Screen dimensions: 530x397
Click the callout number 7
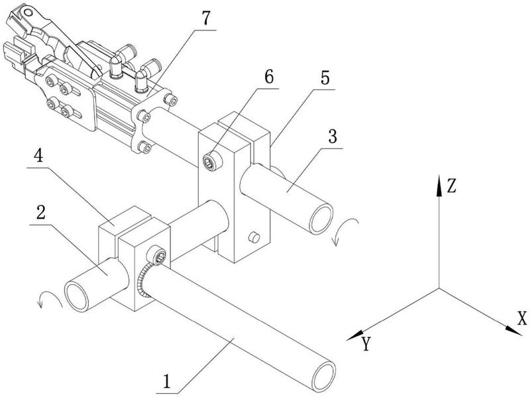coord(207,19)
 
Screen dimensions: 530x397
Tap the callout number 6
coord(269,78)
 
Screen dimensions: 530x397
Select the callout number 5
coord(325,78)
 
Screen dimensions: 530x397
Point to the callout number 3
coord(333,137)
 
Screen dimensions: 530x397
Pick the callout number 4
coord(40,156)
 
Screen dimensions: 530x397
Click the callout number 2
coord(41,213)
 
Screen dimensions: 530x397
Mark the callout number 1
coord(167,382)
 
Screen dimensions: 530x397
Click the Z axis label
coord(452,186)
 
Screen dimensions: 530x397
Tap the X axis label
coord(522,318)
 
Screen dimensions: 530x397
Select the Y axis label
coord(366,344)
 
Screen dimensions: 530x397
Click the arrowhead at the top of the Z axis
coord(439,186)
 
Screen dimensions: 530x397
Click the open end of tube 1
coord(324,376)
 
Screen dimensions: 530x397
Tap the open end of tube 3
coord(321,219)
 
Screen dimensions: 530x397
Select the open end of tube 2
coord(76,296)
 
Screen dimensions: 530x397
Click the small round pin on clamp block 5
coord(254,237)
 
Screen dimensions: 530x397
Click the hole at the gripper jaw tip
coord(27,13)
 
